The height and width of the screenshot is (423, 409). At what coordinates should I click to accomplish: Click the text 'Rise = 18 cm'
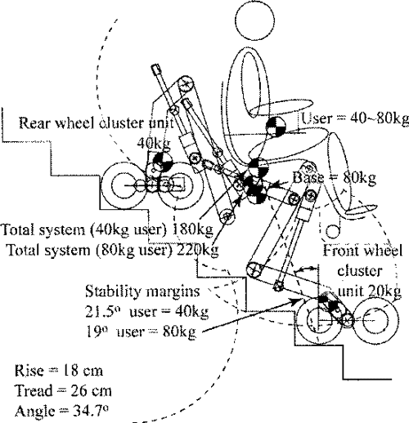(52, 368)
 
